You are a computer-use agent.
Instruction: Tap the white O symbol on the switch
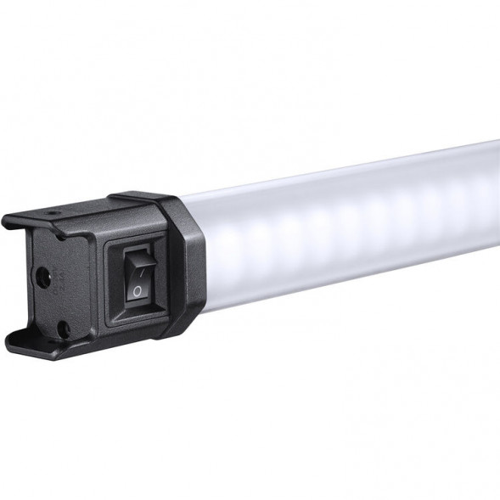[137, 291]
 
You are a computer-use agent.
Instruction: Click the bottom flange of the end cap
[42, 340]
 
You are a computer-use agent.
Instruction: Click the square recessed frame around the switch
[111, 280]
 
